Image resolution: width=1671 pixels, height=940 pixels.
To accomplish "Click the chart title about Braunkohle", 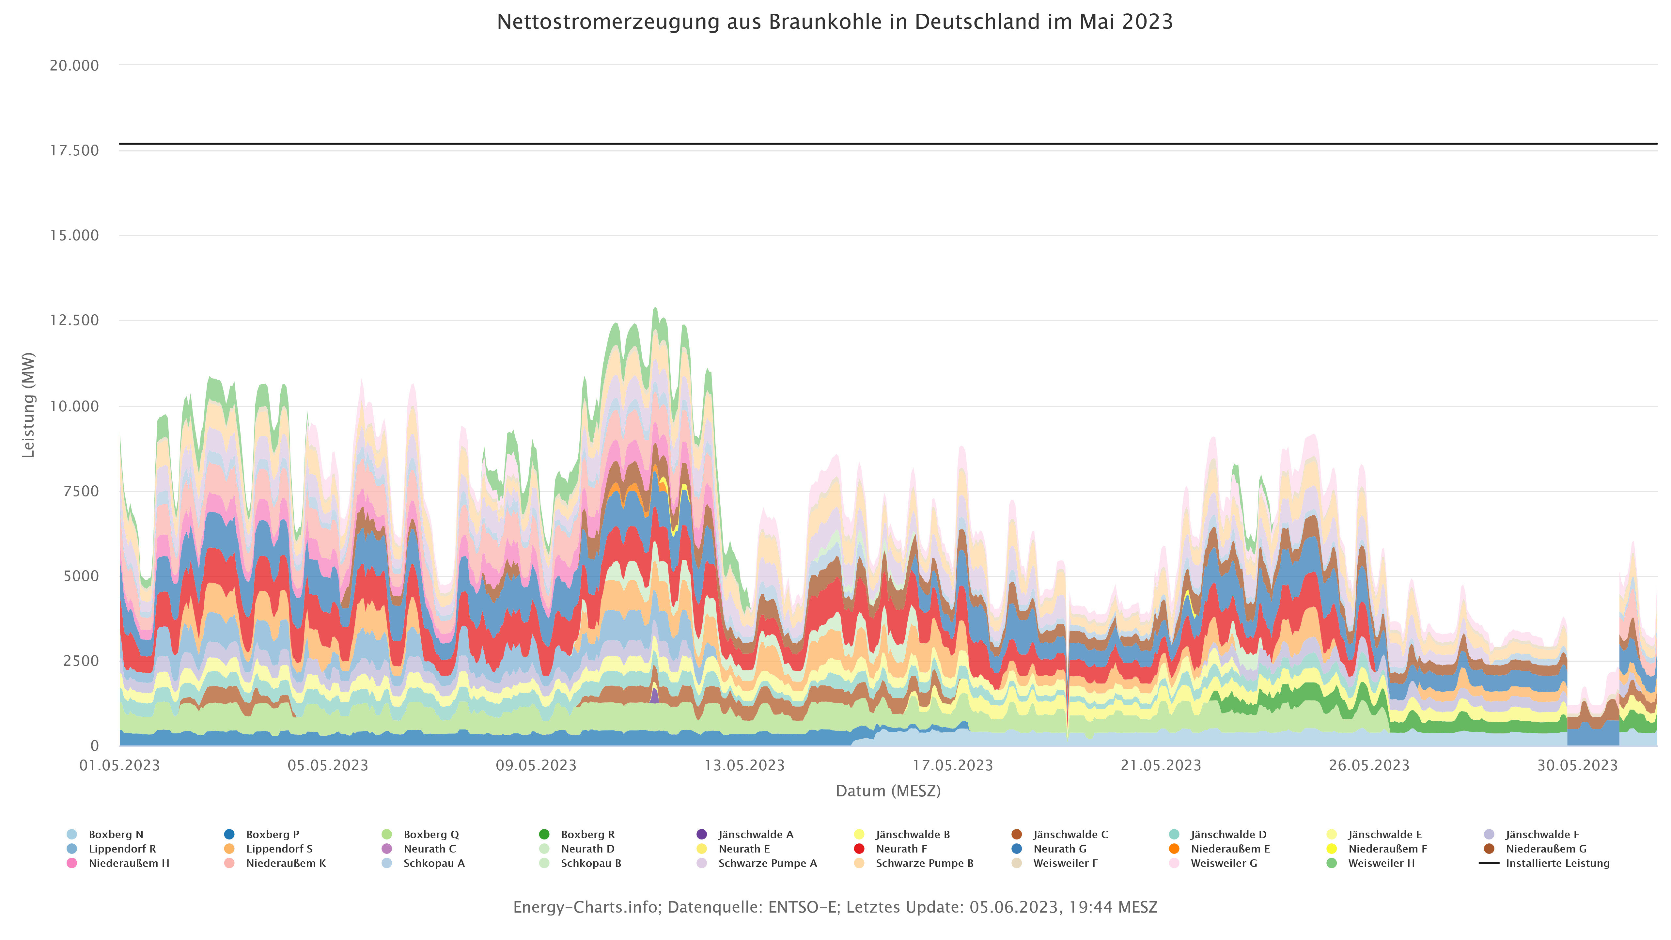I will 835,22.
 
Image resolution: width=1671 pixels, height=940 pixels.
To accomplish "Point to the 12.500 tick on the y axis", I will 75,321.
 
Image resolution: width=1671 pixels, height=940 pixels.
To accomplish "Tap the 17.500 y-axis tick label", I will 75,150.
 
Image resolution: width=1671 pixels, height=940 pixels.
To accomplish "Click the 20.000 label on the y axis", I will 75,66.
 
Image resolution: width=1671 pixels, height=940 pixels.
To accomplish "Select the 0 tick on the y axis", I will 95,746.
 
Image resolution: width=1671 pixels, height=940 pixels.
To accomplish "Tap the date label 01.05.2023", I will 119,765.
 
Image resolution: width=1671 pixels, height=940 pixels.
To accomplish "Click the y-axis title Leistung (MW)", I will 28,405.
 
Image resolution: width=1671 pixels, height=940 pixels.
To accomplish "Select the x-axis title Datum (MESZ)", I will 888,791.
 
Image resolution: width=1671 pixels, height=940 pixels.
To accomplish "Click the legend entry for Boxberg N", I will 116,834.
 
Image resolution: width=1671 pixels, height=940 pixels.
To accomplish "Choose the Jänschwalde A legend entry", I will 755,834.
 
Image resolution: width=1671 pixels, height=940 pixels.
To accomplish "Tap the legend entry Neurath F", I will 901,849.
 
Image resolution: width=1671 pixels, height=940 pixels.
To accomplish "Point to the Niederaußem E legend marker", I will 1174,849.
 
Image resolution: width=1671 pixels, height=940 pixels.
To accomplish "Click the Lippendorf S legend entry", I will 279,849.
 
